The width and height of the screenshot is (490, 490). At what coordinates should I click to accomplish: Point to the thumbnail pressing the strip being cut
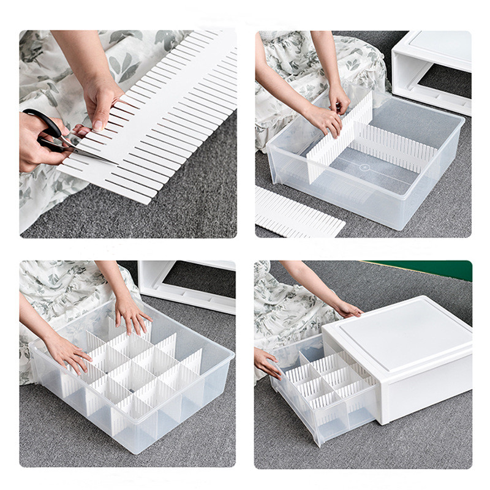(97, 124)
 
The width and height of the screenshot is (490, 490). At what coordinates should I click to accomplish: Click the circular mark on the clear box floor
(365, 167)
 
